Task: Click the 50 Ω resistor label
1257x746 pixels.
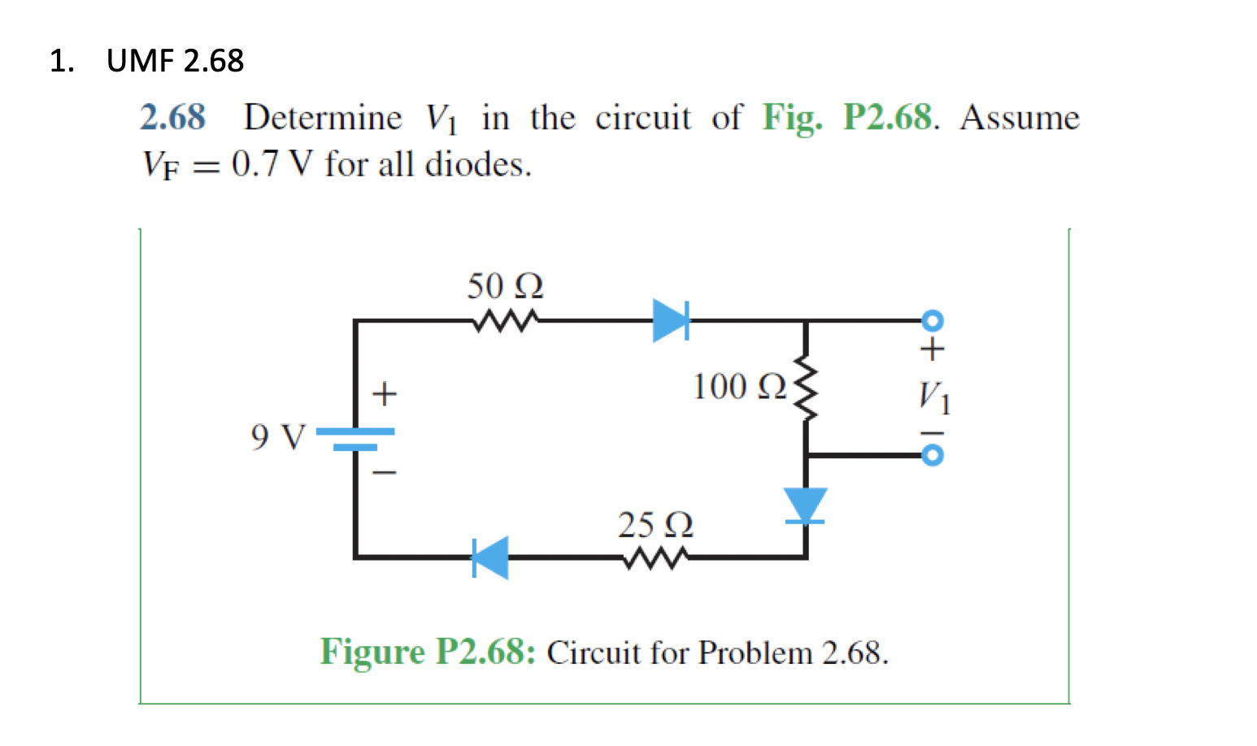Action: click(x=504, y=286)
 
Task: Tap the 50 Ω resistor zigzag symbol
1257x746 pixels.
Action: click(x=505, y=321)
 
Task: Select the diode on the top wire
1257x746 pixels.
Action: click(x=672, y=320)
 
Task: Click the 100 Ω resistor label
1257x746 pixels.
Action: click(x=739, y=387)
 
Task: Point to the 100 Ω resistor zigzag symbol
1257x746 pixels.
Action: click(x=806, y=388)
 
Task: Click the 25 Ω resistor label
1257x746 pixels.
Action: click(x=655, y=525)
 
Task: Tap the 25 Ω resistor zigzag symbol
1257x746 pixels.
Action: click(x=655, y=557)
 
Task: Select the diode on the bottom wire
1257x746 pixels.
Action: click(x=490, y=557)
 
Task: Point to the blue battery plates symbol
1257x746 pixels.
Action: click(x=355, y=439)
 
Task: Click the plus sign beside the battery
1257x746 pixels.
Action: click(x=384, y=394)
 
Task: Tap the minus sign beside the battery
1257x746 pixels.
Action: click(x=384, y=472)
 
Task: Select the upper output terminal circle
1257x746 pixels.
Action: click(x=933, y=320)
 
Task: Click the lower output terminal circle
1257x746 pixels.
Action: click(x=933, y=455)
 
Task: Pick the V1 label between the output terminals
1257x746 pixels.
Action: click(x=933, y=397)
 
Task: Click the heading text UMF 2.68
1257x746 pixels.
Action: click(x=175, y=61)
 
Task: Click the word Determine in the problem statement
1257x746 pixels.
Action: click(x=323, y=118)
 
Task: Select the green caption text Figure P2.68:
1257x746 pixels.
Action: click(x=428, y=652)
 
